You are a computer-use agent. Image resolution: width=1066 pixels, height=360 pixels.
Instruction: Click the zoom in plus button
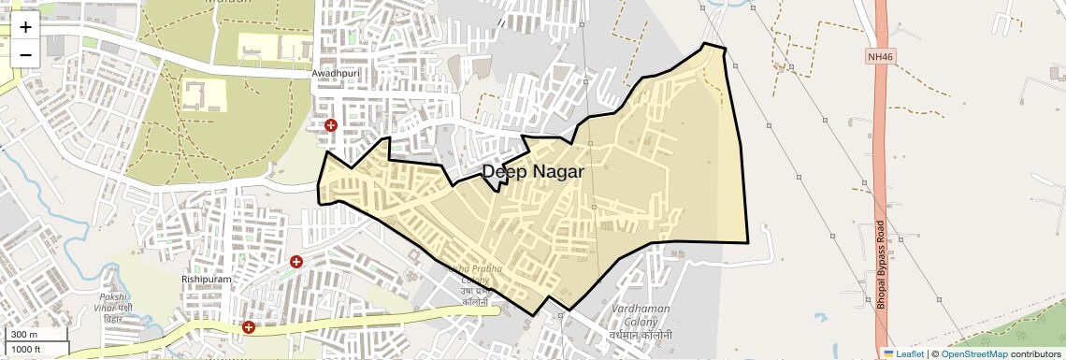pos(25,26)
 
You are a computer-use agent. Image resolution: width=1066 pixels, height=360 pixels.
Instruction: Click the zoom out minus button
pos(25,54)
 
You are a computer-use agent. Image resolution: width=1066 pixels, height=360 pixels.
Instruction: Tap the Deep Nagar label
pos(533,172)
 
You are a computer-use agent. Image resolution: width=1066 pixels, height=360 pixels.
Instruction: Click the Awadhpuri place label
pos(336,73)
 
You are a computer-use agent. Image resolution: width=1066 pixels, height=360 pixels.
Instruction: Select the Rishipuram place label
pos(206,279)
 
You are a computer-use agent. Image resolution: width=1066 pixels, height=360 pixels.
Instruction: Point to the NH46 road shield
pos(880,57)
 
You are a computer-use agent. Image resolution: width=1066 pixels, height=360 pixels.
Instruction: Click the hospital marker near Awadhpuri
pos(330,125)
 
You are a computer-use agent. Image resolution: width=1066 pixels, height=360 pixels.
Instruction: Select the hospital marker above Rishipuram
pos(296,263)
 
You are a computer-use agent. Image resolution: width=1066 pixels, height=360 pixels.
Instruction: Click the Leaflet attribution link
pos(902,353)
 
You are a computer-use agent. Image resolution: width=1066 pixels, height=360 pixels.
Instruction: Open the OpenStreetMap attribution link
pos(974,353)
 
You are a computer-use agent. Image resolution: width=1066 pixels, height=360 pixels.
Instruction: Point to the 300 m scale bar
pos(36,335)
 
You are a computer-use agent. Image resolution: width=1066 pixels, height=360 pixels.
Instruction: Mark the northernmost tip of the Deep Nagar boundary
pos(704,43)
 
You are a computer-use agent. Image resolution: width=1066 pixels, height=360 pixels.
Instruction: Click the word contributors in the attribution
pos(1035,353)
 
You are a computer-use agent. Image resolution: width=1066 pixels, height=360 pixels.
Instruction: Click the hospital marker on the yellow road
pos(249,326)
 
